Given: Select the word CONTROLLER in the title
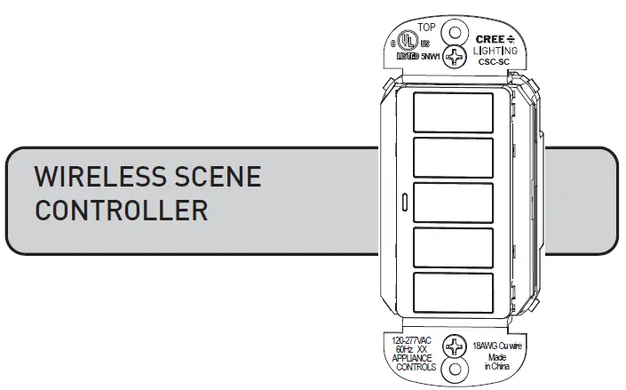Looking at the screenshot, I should pos(121,211).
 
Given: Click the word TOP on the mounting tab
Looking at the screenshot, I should pos(427,28).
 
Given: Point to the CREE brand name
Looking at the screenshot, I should pos(489,40).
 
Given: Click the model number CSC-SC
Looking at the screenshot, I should pos(493,63).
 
